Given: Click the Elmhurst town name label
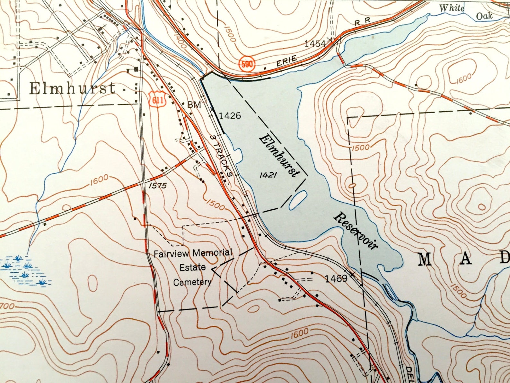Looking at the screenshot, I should [72, 89].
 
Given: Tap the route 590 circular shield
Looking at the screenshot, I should [247, 64].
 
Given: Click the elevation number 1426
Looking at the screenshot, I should [230, 115].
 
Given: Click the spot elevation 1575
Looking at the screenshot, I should [158, 186].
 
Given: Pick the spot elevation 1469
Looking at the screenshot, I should [336, 278].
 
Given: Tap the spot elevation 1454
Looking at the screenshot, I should [315, 43].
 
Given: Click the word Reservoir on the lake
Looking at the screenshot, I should [356, 231].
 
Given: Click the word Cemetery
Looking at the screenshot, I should [192, 282].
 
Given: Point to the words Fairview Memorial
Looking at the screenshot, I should [193, 253].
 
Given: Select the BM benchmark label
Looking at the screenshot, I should [194, 105].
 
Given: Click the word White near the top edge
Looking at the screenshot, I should [452, 8].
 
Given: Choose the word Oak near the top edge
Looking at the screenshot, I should [484, 16].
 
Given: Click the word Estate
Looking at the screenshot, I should [192, 267].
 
